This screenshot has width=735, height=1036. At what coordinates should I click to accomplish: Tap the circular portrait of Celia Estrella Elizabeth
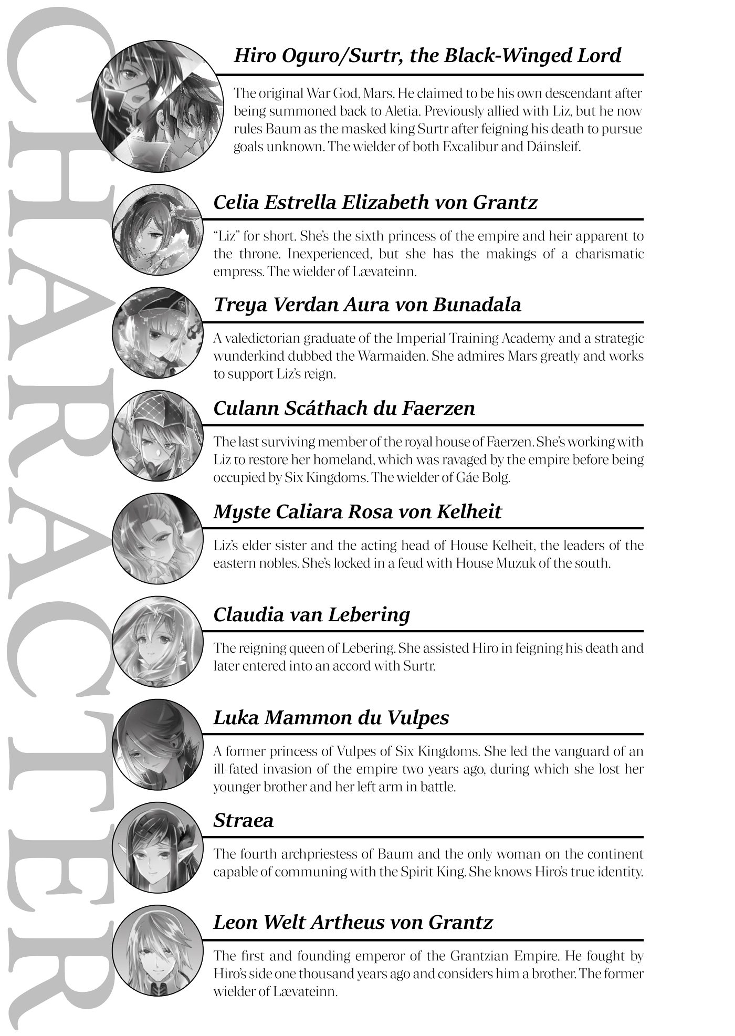157,230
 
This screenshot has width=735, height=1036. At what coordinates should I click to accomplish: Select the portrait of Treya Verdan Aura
157,333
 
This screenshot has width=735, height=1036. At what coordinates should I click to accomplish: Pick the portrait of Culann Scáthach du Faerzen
157,436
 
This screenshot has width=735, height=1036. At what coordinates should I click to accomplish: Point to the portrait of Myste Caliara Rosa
157,539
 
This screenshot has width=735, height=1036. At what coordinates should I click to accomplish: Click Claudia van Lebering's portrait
157,642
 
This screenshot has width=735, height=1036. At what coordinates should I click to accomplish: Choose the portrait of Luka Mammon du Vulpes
157,745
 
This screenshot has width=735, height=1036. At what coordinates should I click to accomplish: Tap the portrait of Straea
157,847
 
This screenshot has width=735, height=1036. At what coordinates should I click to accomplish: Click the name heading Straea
243,821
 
